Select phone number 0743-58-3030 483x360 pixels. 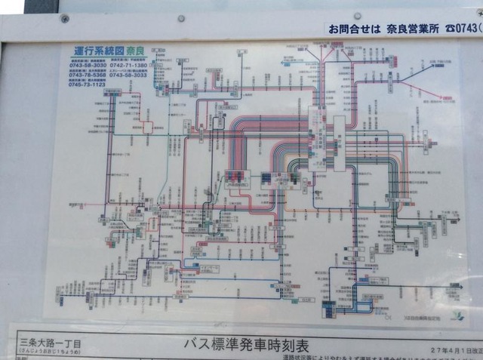click(x=88, y=65)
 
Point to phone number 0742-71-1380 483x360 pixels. click(x=128, y=65)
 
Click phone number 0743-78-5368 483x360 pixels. click(x=88, y=75)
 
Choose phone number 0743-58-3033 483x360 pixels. click(x=128, y=75)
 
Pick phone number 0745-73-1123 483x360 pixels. click(x=88, y=85)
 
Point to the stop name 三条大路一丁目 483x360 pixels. click(x=46, y=344)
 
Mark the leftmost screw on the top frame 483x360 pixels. click(x=65, y=18)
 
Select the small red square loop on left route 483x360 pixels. click(x=147, y=128)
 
